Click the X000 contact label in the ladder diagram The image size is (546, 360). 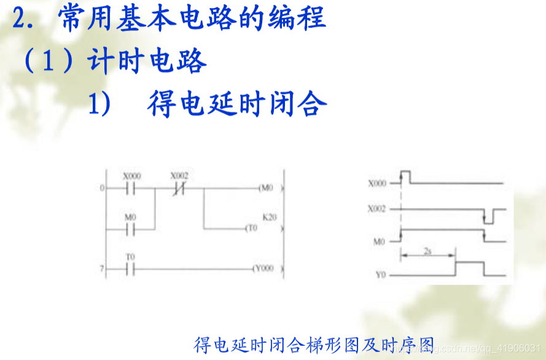click(x=131, y=176)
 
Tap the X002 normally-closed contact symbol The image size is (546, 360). click(x=179, y=189)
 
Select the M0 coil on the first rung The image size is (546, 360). click(x=266, y=188)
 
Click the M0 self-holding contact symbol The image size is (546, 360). click(x=130, y=229)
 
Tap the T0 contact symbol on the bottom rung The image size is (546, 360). click(x=130, y=269)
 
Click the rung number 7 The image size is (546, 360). click(x=102, y=269)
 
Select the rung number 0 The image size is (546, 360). click(x=102, y=188)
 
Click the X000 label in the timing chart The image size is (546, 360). click(x=377, y=183)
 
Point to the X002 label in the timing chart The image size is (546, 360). click(x=377, y=209)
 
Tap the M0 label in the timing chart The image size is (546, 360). click(x=379, y=242)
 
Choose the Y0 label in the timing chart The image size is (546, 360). click(x=380, y=275)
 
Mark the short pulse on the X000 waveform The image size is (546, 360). click(x=405, y=177)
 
